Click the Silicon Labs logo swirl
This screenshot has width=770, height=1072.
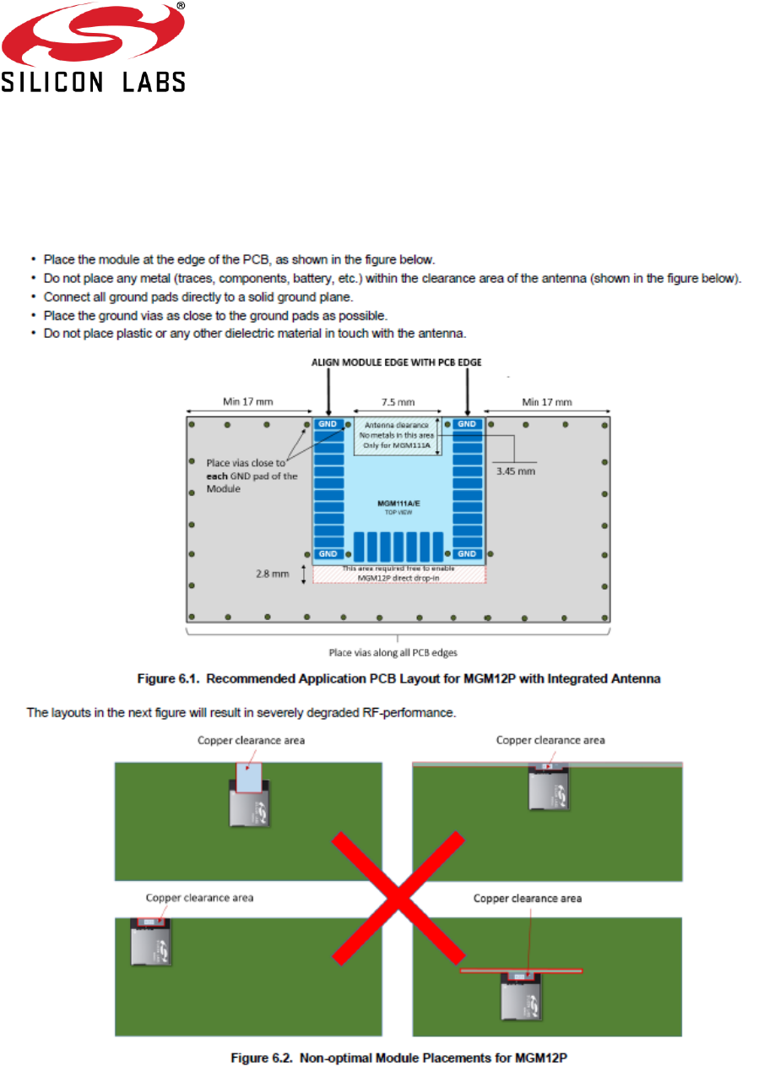click(x=94, y=37)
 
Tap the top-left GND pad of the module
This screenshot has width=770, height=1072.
click(x=328, y=424)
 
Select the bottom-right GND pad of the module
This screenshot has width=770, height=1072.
click(x=468, y=553)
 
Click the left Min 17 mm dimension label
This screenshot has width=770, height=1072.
click(x=247, y=402)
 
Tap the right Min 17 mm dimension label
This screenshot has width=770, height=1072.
click(x=546, y=402)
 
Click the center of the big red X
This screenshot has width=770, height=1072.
click(x=398, y=898)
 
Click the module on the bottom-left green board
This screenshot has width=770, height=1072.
click(x=151, y=941)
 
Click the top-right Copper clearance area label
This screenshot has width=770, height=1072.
click(x=550, y=740)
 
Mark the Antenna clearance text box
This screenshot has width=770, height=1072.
click(x=395, y=436)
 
